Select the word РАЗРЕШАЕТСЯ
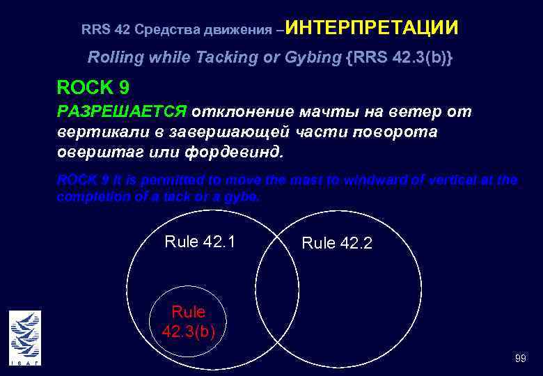pos(121,112)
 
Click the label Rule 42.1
pos(200,242)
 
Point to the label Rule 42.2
pos(337,243)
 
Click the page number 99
pos(520,358)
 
